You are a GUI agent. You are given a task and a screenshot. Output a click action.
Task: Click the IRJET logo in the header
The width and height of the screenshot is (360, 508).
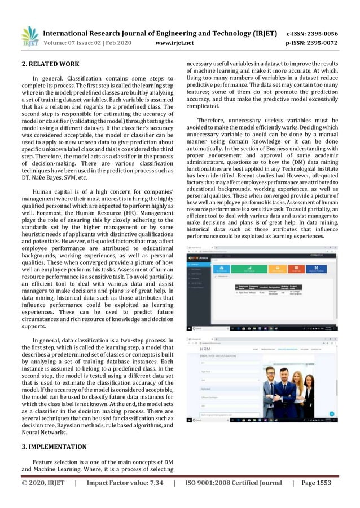(x=30, y=36)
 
